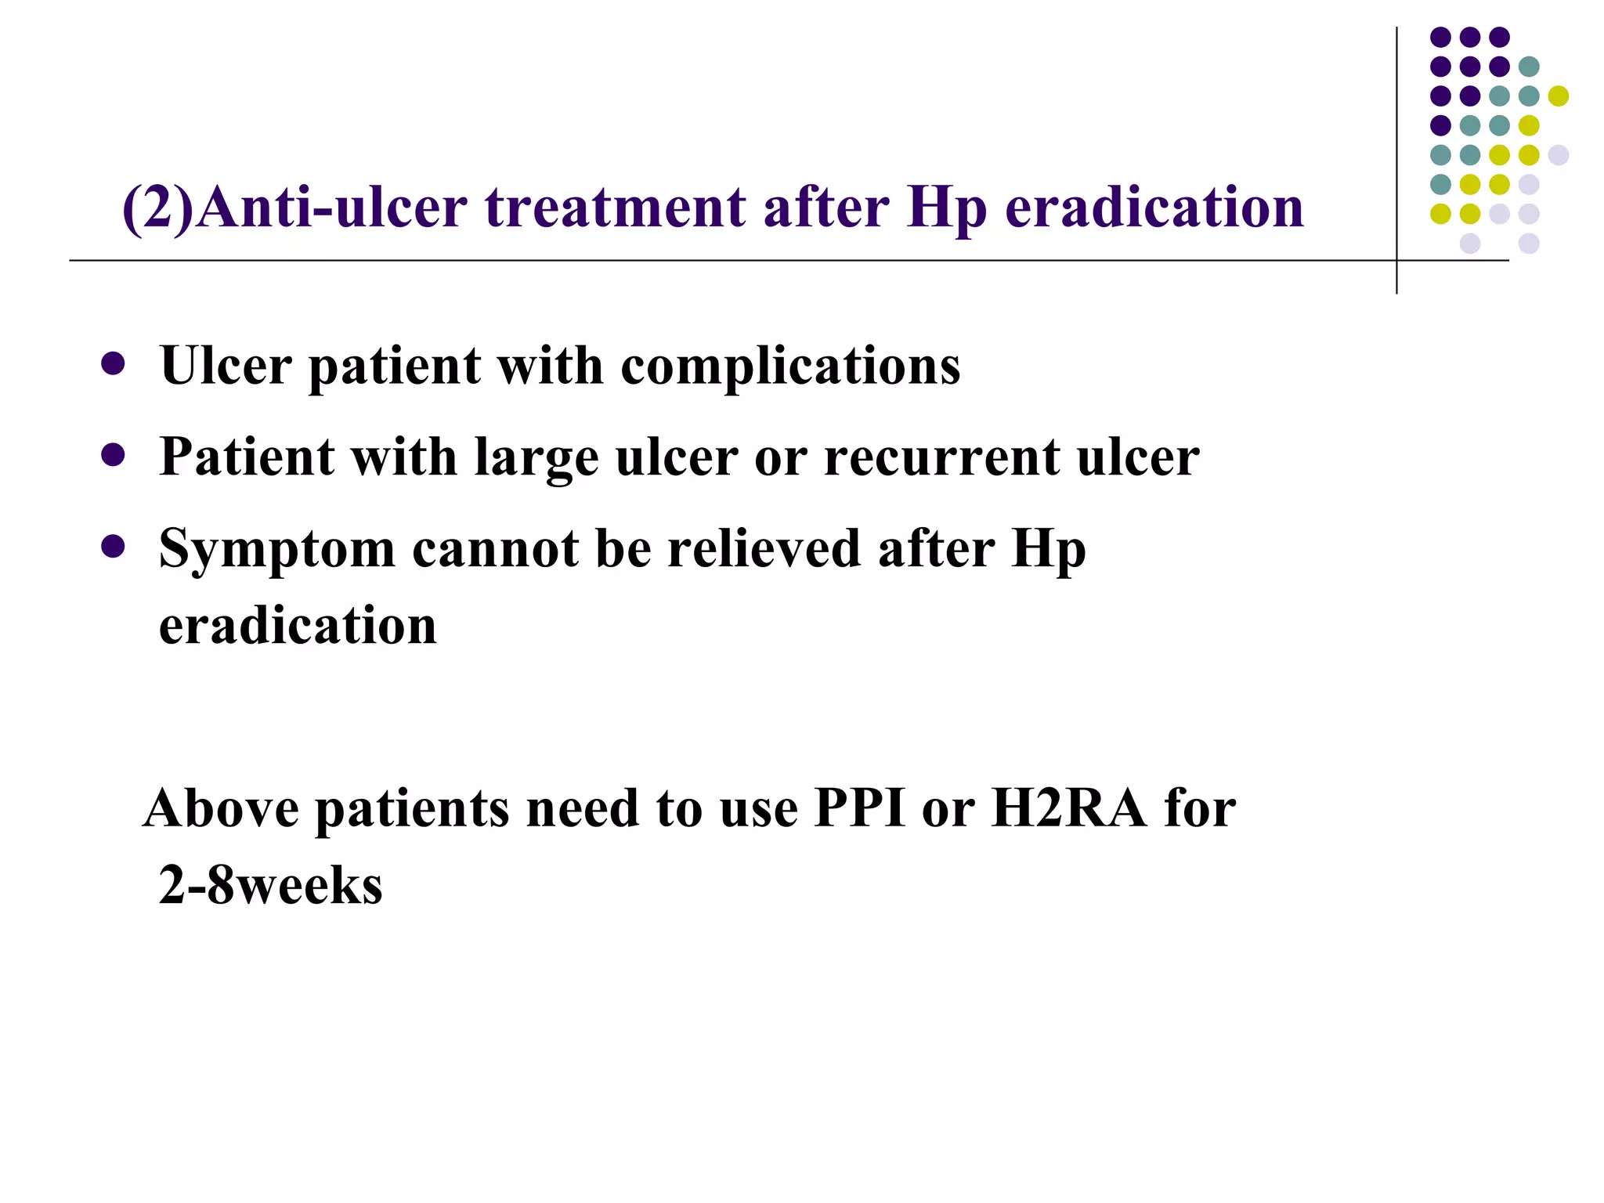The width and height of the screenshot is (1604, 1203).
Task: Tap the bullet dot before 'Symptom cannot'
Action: pyautogui.click(x=113, y=547)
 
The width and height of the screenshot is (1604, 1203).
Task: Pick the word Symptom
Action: pyautogui.click(x=277, y=550)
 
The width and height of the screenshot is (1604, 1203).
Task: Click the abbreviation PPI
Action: pyautogui.click(x=859, y=808)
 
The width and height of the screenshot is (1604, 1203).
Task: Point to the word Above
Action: pyautogui.click(x=221, y=808)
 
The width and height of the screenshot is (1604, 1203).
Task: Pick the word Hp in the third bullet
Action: pyautogui.click(x=1048, y=550)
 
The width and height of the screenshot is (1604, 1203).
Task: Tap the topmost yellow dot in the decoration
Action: pyautogui.click(x=1558, y=96)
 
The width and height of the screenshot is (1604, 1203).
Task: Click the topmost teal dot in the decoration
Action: pyautogui.click(x=1528, y=67)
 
